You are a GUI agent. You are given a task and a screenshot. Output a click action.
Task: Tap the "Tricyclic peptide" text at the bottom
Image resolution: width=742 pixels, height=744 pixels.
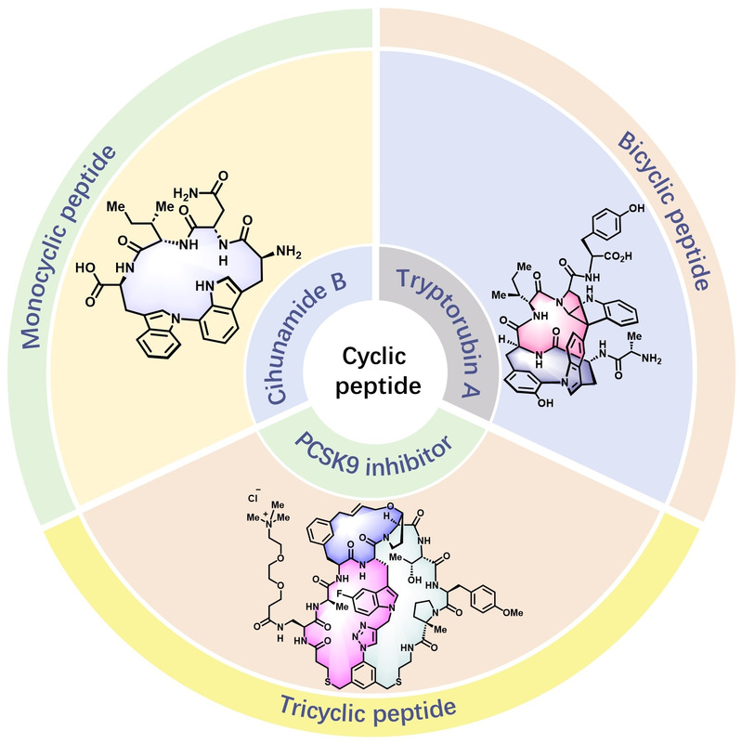tap(371, 711)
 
